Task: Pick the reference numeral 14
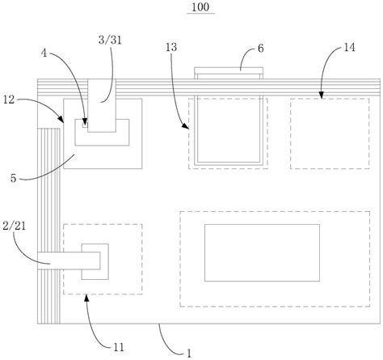[x=349, y=49]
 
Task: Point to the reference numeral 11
[x=119, y=347]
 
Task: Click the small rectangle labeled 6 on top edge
[x=229, y=74]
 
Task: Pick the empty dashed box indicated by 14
[x=325, y=133]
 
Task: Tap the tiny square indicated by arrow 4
[x=84, y=124]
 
